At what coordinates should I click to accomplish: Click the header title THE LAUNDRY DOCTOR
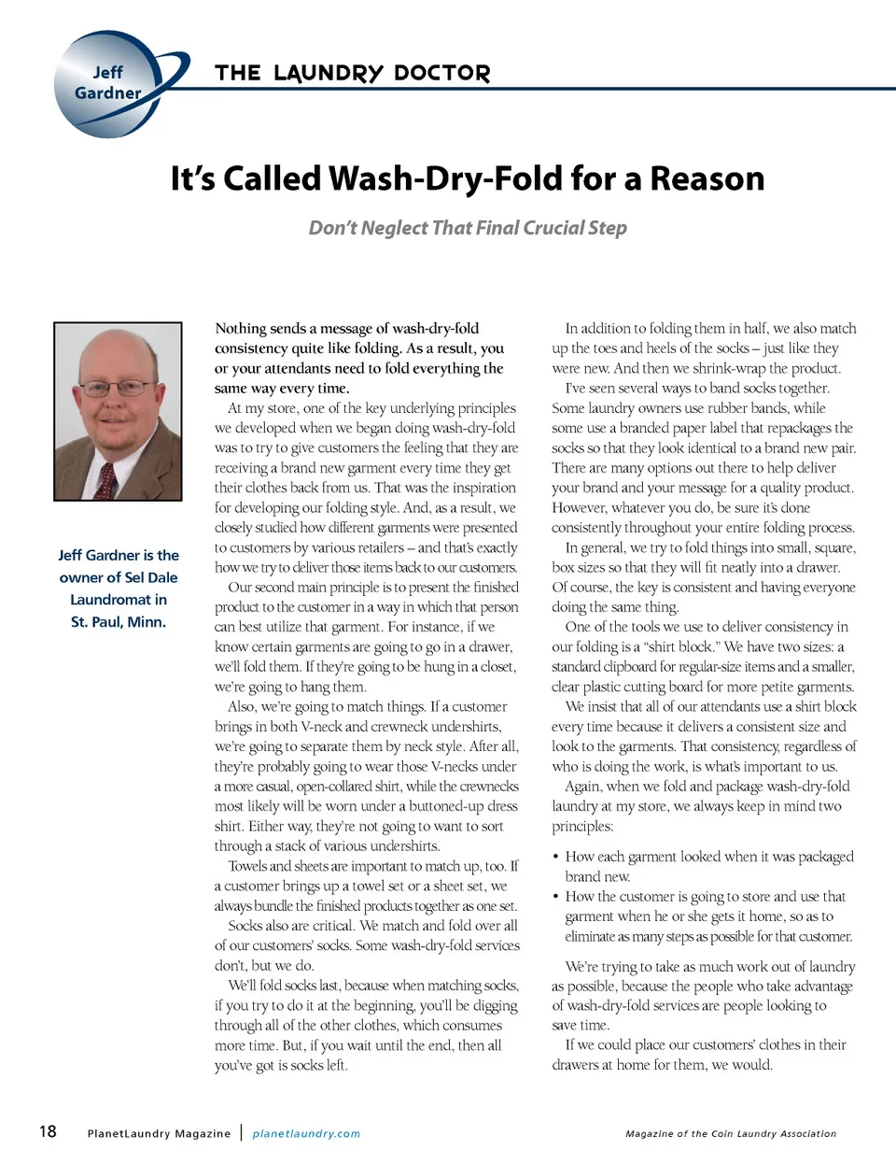point(352,74)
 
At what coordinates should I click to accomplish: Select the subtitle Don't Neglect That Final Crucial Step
point(468,228)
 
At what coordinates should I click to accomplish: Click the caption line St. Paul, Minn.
point(119,622)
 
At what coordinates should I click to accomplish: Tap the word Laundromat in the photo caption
point(119,600)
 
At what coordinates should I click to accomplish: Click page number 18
point(48,1131)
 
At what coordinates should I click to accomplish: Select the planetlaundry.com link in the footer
point(306,1134)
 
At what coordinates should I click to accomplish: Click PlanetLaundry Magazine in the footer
point(159,1134)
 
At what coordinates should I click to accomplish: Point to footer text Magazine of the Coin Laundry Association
point(731,1134)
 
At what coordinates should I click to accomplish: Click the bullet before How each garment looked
point(555,857)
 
